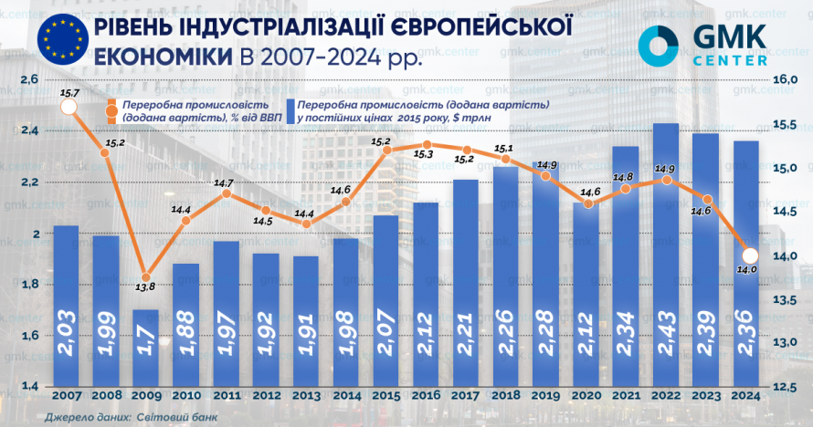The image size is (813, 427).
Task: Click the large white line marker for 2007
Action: pos(67,109)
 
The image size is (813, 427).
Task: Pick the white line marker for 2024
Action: pos(749,255)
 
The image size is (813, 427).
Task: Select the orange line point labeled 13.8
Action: pos(145,276)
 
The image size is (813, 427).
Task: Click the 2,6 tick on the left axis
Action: pos(28,80)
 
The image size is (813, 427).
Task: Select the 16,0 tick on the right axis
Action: pos(787,80)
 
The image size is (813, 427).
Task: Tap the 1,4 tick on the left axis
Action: pos(28,387)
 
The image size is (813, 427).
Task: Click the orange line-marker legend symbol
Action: pos(111,112)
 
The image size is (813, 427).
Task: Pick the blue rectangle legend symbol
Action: pos(290,112)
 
